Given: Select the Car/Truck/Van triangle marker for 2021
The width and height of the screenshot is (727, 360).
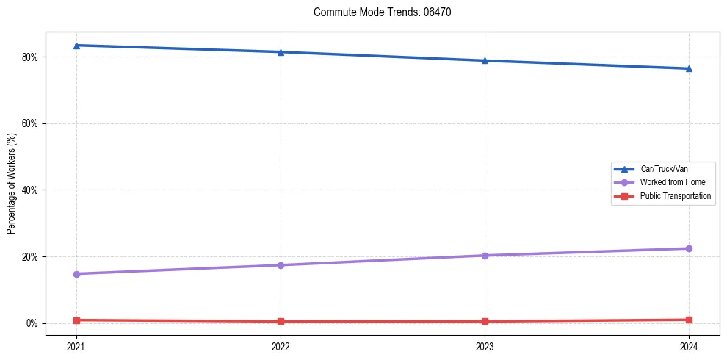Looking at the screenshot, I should (x=76, y=46).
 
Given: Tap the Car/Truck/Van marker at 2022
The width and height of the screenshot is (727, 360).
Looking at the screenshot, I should (x=281, y=52).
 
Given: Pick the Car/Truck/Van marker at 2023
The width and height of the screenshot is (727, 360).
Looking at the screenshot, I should (x=485, y=60).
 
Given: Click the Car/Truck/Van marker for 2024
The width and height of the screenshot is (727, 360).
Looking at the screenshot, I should (x=689, y=68).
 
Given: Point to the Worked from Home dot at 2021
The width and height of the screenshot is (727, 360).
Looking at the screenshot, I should (x=76, y=274).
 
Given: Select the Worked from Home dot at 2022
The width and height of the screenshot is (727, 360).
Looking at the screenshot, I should (x=281, y=265).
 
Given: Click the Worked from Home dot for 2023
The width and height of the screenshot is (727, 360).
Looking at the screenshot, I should (x=485, y=256).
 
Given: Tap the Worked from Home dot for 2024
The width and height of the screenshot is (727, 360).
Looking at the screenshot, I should (x=689, y=248).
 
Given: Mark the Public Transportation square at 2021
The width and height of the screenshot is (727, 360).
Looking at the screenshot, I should (x=76, y=320).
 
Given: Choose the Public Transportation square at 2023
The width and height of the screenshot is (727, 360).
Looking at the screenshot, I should (x=485, y=321).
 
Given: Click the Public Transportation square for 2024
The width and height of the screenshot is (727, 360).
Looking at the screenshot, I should (x=689, y=320).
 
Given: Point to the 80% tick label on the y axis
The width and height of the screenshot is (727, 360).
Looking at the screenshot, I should (x=31, y=57).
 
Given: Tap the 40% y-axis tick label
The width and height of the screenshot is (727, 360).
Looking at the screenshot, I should (x=31, y=190).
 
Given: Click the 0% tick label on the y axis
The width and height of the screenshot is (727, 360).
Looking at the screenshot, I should (x=33, y=323).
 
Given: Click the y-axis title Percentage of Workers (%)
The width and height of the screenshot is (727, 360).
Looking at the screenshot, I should (x=12, y=183).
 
